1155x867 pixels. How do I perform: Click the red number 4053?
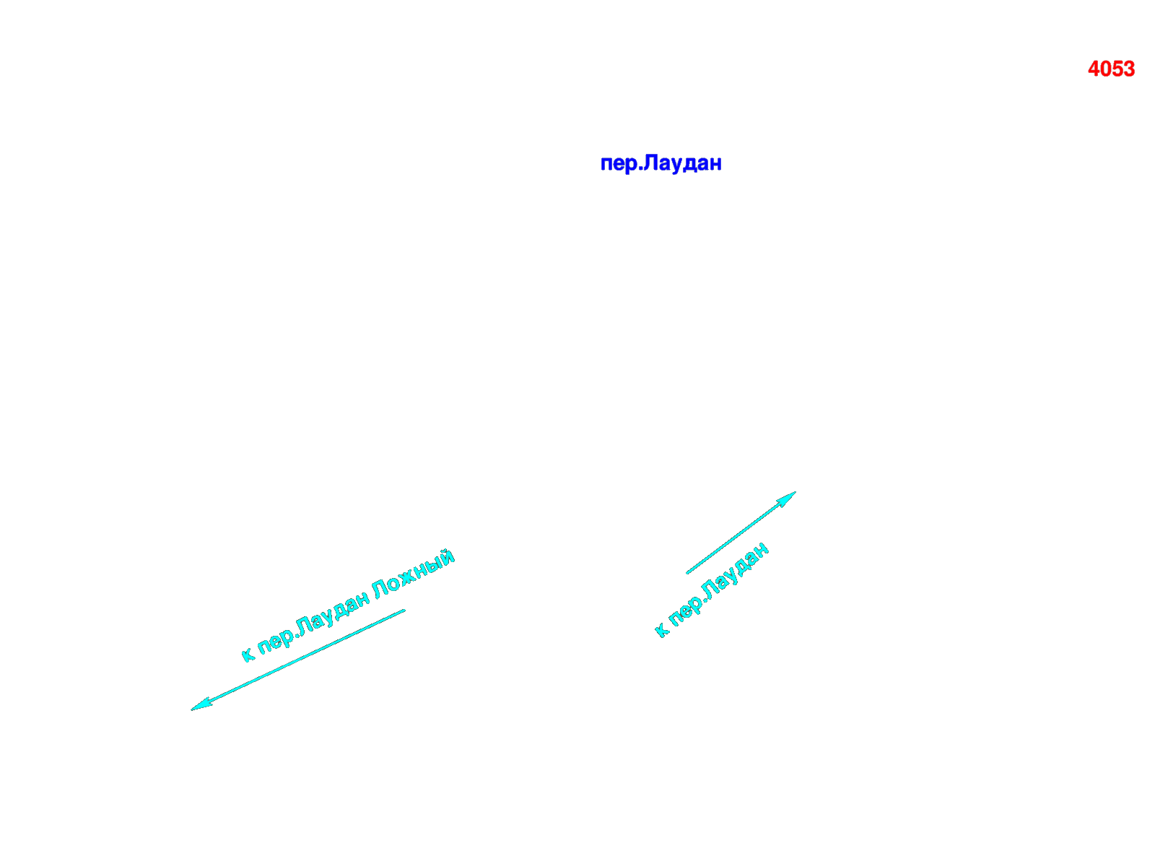pos(1111,69)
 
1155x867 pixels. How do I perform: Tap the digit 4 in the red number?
pos(1094,69)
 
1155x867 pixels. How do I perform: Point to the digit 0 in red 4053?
pos(1105,69)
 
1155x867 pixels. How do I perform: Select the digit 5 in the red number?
pos(1117,69)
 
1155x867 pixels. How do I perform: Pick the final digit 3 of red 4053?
pos(1129,69)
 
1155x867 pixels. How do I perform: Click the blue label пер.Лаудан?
pos(661,164)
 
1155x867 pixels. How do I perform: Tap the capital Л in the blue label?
pos(650,162)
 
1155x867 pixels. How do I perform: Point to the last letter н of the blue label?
pos(715,164)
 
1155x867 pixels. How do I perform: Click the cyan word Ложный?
pos(413,574)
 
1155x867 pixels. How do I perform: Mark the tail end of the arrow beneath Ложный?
pos(405,611)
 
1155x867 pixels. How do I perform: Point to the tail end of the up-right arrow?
pos(687,573)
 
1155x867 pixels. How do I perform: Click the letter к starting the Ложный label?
pos(248,655)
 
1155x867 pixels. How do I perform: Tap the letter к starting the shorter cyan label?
pos(661,630)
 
